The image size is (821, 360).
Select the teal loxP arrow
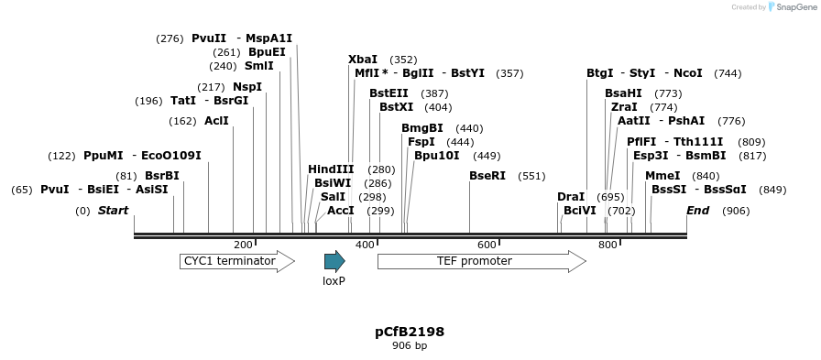(334, 261)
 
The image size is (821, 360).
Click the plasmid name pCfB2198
(410, 332)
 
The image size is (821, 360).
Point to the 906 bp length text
(410, 346)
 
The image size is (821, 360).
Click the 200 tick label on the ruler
(243, 245)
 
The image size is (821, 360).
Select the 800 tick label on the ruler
(608, 245)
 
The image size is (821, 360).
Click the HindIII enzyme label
(331, 169)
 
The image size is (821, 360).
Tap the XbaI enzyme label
(363, 60)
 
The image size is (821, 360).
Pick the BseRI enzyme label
(487, 176)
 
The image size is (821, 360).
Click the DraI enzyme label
(571, 197)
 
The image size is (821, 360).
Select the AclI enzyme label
(217, 121)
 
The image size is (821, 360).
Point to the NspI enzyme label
(247, 87)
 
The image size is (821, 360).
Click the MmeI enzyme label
(662, 176)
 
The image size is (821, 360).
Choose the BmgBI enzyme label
(422, 128)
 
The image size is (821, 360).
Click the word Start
(114, 211)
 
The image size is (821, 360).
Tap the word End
(698, 211)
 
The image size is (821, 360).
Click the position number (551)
(531, 176)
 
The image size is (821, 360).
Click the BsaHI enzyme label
(624, 93)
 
